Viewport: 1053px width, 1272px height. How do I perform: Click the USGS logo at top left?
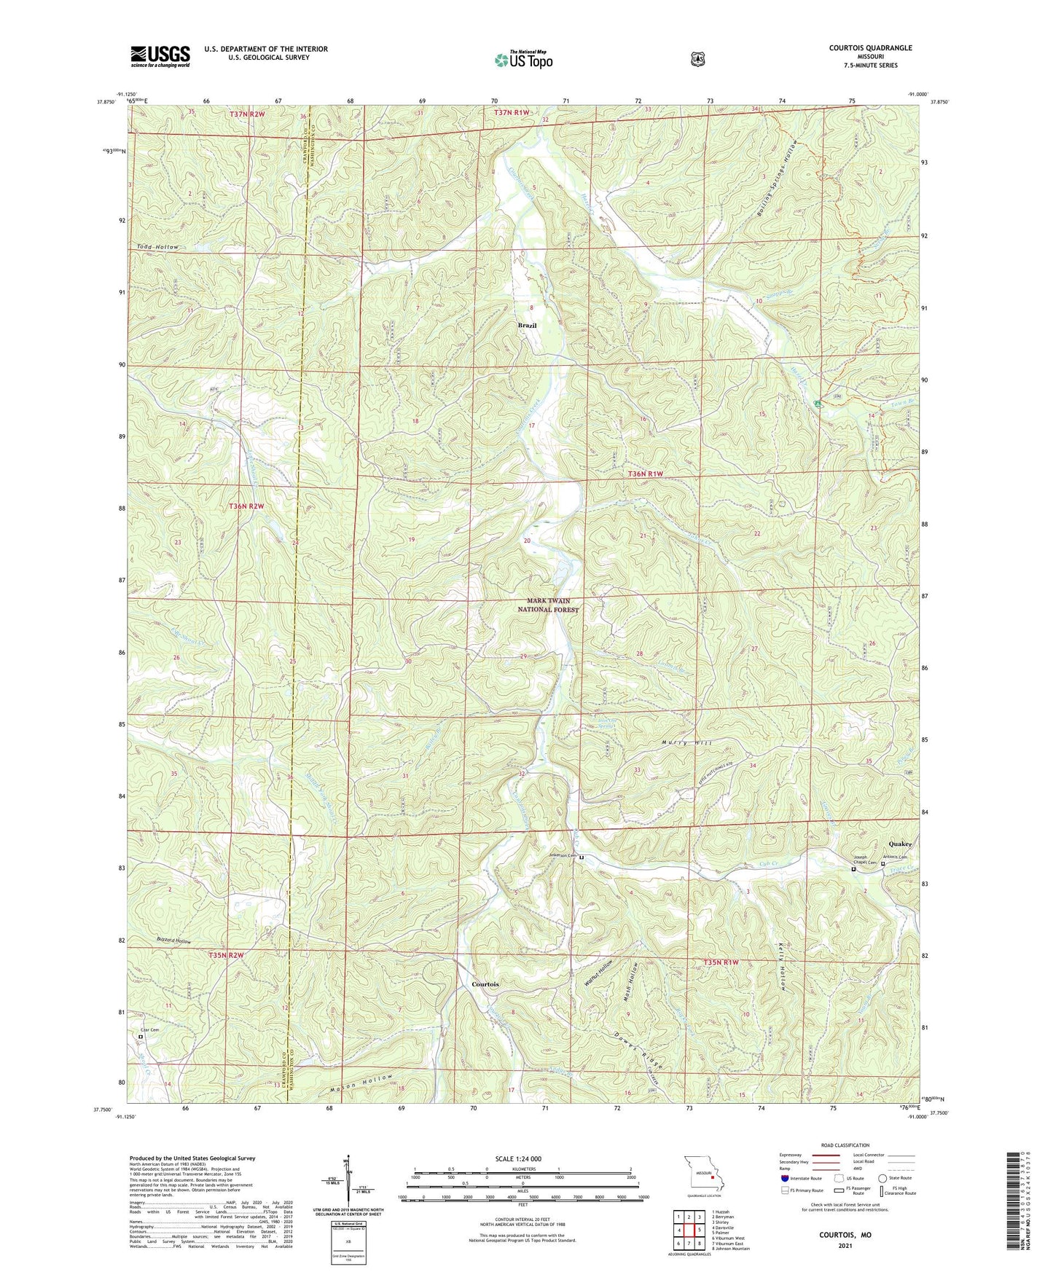(160, 55)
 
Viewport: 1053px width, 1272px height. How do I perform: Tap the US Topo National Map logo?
(524, 60)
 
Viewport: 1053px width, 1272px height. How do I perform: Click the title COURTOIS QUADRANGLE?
(870, 48)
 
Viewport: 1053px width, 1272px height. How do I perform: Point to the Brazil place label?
(527, 326)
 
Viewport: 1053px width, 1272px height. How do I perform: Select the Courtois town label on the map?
(485, 984)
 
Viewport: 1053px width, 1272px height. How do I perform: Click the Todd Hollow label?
(156, 248)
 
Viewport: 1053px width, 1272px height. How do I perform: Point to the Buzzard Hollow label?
(173, 941)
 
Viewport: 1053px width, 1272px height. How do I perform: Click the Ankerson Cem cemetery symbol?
(582, 858)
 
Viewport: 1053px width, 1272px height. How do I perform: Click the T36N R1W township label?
(646, 474)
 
